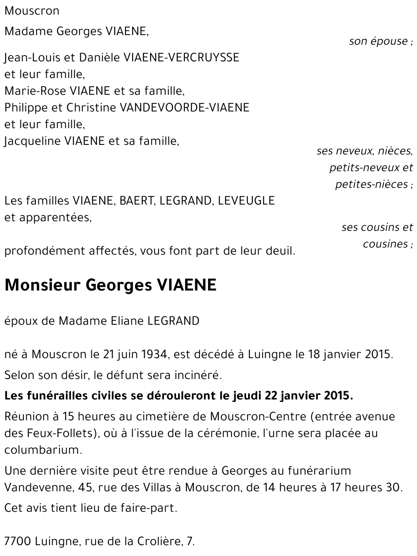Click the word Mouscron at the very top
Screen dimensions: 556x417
[32, 11]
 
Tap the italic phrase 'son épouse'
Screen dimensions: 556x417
[378, 41]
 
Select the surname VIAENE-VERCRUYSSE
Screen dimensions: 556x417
[181, 57]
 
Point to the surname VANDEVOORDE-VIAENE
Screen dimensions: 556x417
[184, 107]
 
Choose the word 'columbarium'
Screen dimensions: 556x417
[42, 450]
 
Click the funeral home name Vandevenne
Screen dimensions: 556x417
[40, 487]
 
